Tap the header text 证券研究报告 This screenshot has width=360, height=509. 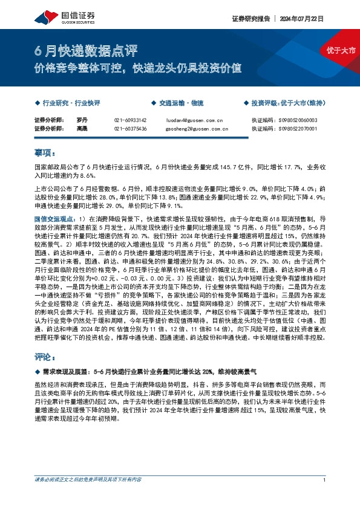click(x=249, y=19)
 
